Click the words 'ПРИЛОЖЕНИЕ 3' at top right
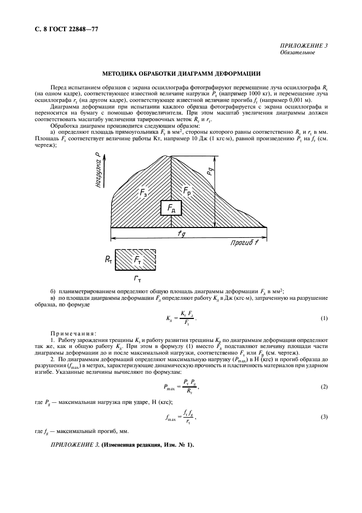(303, 45)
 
